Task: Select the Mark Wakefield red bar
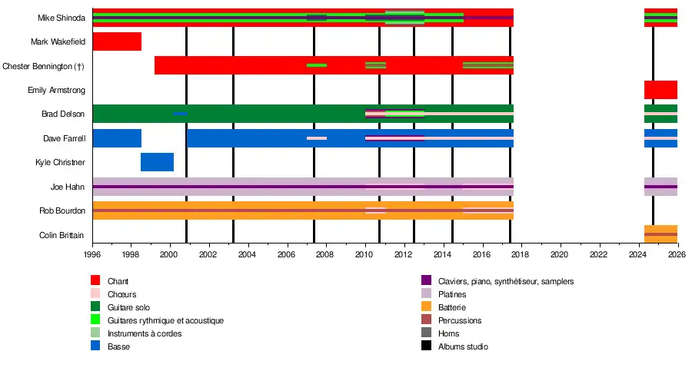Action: coord(117,41)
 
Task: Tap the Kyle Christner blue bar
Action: coord(157,162)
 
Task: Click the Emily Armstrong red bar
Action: coord(660,90)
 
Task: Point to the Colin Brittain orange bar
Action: coord(660,234)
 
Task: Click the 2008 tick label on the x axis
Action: coord(326,253)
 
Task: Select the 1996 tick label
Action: coord(92,253)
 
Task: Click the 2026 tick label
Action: coord(677,253)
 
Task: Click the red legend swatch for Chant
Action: coord(95,281)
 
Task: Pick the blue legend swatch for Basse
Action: coord(95,346)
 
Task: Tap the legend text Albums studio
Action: coord(463,346)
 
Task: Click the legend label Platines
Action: coord(452,294)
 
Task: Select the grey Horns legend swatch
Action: coord(426,333)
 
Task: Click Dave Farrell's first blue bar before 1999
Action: coord(117,138)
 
